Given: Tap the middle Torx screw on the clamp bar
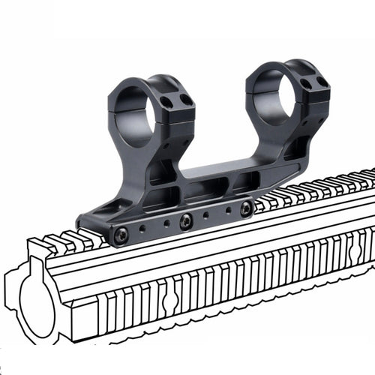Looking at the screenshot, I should tap(184, 221).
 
